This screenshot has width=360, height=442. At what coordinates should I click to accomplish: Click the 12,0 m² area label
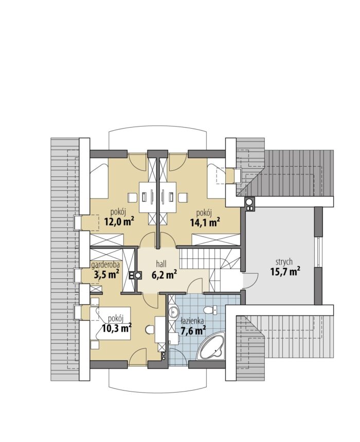[x=119, y=222]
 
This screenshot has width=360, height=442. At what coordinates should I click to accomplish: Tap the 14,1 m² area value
[x=205, y=222]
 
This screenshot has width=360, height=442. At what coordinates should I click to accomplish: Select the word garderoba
[x=105, y=265]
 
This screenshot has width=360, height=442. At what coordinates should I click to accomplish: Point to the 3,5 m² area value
[x=106, y=274]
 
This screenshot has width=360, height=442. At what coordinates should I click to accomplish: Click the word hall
[x=161, y=264]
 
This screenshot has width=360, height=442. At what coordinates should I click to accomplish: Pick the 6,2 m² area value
[x=164, y=274]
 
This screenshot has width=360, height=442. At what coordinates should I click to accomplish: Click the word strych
[x=284, y=262]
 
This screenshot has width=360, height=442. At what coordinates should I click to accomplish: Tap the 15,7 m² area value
[x=285, y=272]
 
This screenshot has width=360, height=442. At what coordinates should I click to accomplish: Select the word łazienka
[x=192, y=321]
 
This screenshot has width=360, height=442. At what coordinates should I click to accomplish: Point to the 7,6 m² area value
[x=193, y=331]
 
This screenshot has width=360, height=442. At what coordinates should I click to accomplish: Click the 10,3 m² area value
[x=117, y=328]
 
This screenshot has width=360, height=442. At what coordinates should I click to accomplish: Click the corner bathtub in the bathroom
[x=212, y=346]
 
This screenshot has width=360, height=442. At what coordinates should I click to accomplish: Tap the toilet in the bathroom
[x=211, y=310]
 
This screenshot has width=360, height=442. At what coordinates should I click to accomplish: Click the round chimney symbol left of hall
[x=138, y=275]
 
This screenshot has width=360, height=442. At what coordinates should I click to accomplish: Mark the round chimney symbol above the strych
[x=249, y=201]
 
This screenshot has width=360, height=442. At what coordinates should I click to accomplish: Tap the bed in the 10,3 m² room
[x=111, y=324]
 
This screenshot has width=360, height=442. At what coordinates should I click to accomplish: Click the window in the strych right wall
[x=318, y=252]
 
